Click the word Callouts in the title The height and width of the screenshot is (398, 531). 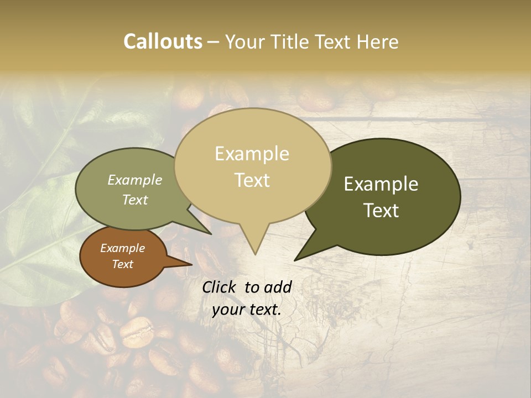point(163,41)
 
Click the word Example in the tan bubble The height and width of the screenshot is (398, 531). point(252,154)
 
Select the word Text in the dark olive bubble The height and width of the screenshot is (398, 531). point(382,211)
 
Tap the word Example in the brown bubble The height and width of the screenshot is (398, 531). point(122,248)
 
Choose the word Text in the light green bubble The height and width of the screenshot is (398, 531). point(135,200)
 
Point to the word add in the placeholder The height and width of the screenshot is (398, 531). point(278,287)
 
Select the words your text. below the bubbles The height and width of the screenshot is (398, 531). point(247,310)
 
